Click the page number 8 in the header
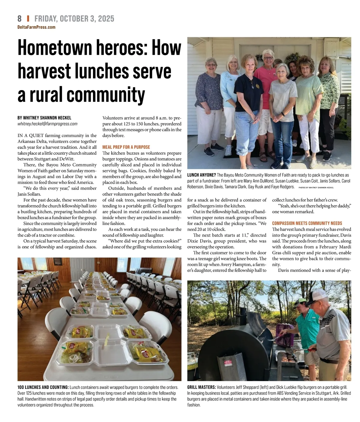click(19, 19)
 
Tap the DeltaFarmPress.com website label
click(36, 27)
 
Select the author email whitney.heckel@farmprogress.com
click(47, 124)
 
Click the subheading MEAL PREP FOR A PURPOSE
click(126, 147)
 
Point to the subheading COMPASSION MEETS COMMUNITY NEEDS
click(307, 223)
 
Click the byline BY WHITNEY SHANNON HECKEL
click(44, 118)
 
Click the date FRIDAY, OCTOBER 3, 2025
click(74, 19)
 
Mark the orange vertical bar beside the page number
click(28, 19)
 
